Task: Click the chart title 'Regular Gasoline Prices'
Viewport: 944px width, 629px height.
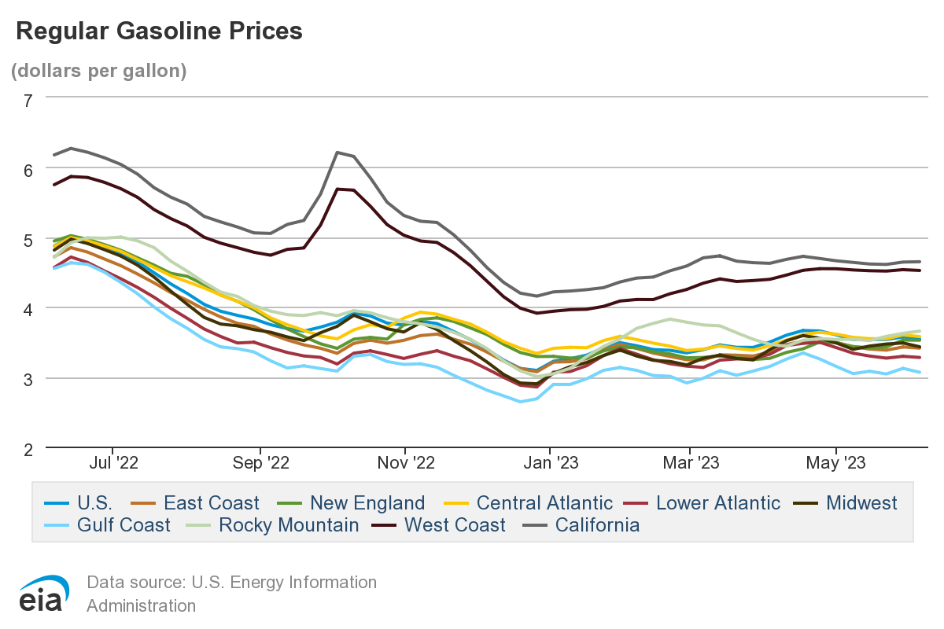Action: (159, 31)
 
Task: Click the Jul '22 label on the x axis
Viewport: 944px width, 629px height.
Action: (114, 463)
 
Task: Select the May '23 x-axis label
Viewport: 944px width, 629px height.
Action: (837, 463)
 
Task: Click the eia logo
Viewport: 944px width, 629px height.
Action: (43, 594)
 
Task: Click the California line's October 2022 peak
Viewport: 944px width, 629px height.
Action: (337, 153)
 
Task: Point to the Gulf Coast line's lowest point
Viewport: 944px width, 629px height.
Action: (520, 402)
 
